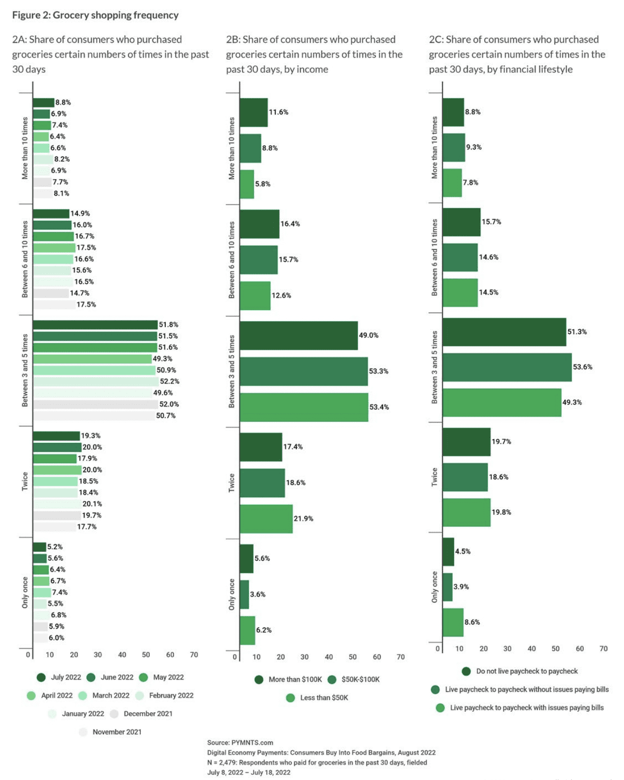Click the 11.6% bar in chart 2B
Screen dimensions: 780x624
click(254, 112)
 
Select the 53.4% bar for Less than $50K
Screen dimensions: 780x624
click(304, 407)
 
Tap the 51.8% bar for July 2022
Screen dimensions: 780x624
click(95, 325)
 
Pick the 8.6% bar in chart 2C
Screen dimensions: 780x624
click(453, 622)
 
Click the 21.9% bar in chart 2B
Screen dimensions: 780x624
click(266, 519)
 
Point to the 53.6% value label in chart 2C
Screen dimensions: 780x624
click(583, 367)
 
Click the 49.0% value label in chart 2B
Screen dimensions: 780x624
click(368, 336)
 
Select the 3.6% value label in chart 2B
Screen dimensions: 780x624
click(258, 594)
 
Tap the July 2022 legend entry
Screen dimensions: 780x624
click(59, 677)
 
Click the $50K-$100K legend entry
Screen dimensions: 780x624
click(354, 679)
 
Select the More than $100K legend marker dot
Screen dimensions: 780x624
click(259, 679)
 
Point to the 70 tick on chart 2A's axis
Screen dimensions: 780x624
click(194, 654)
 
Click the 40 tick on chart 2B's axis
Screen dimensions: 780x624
click(329, 657)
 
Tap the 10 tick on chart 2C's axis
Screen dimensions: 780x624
click(459, 649)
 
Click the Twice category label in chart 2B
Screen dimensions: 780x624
click(232, 483)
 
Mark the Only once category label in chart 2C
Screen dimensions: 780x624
click(434, 587)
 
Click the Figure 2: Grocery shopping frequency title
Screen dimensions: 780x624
click(95, 15)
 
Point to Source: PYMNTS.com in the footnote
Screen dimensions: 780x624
click(240, 743)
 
